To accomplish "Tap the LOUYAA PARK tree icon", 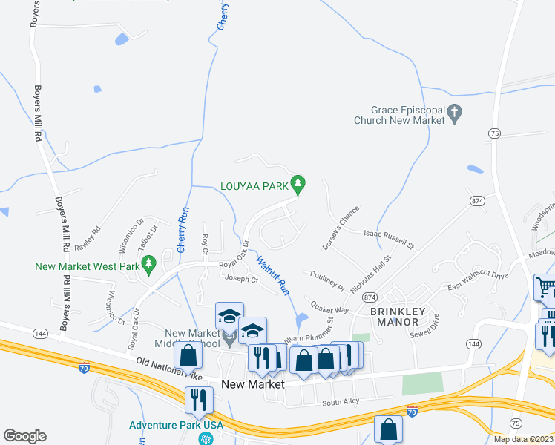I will coord(298,182).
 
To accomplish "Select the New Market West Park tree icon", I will coord(148,264).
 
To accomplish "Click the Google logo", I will coord(24,436).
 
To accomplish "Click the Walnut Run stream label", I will coord(272,275).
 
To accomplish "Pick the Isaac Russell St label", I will coord(388,237).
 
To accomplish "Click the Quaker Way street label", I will coord(329,306).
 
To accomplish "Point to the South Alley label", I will coord(341,403).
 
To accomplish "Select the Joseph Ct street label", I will coord(242,279).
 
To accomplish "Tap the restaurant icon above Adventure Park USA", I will coord(198,400).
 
